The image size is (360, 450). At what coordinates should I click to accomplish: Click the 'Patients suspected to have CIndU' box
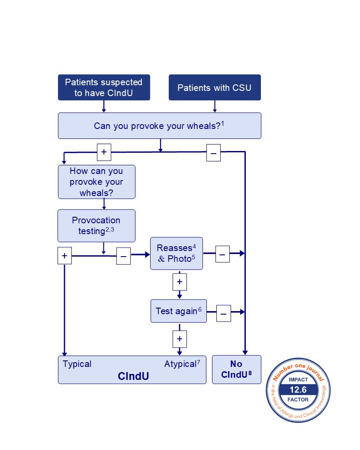tap(104, 87)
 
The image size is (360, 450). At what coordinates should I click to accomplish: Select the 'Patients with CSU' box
tap(214, 88)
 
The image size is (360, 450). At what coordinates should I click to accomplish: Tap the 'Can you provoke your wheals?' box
tap(159, 126)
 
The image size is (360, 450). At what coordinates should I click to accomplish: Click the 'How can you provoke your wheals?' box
tap(96, 182)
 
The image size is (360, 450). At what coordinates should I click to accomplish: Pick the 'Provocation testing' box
tap(96, 225)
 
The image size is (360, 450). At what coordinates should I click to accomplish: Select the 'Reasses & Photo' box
tap(176, 254)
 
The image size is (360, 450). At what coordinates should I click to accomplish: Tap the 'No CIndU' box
tap(237, 370)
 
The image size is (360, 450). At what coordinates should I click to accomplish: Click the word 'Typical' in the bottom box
tap(77, 364)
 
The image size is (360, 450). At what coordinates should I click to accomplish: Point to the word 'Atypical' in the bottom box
tap(180, 364)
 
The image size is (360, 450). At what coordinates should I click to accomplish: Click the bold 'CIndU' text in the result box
tap(133, 376)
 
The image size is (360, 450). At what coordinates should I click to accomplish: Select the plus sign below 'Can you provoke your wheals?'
tap(104, 152)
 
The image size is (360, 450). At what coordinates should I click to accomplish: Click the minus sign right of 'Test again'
tap(224, 313)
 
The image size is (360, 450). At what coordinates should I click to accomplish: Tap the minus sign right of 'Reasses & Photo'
tap(222, 255)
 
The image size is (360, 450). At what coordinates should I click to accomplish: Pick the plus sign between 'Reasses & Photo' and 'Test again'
tap(180, 282)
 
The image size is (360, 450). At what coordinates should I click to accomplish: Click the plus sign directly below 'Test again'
tap(180, 338)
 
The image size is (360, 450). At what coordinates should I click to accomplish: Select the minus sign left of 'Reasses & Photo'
tap(123, 257)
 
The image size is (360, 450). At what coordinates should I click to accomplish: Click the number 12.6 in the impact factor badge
tap(298, 390)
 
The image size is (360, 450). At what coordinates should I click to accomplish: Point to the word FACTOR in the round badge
tap(298, 400)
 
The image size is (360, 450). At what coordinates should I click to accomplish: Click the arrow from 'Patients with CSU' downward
tap(215, 106)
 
